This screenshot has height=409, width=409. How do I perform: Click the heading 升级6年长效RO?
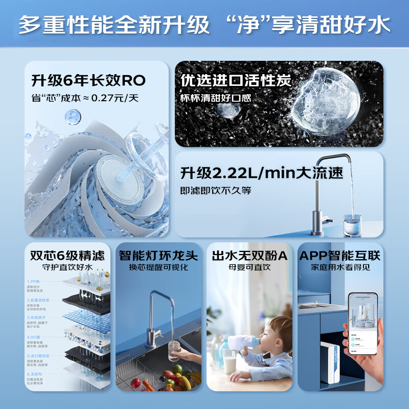point(88,80)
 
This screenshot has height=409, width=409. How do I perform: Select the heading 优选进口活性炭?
point(236,80)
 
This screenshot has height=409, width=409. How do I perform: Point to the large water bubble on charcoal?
point(325,102)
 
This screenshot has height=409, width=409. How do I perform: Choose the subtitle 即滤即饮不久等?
point(216,190)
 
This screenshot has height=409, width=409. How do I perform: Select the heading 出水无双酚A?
point(249,255)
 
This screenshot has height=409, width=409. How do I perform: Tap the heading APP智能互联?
point(340,255)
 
